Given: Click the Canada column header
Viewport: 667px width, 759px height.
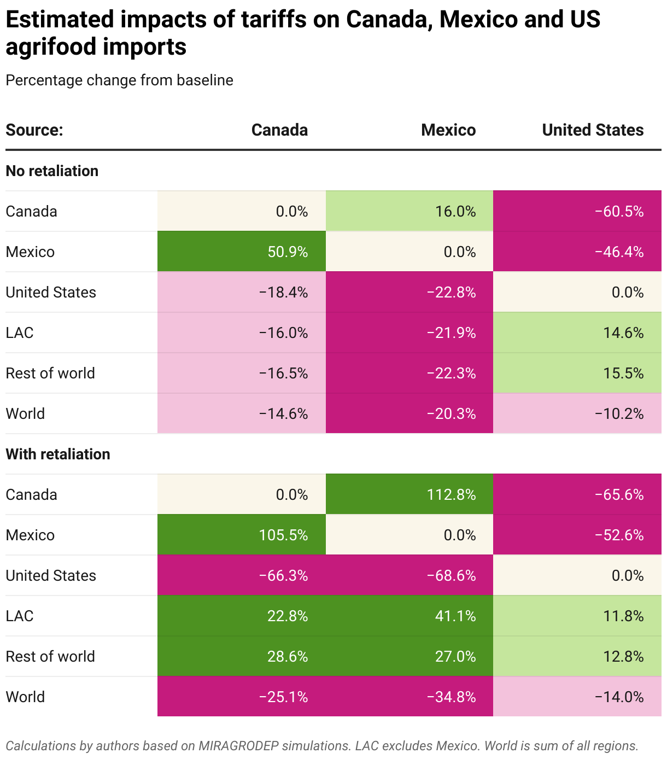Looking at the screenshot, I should pos(279,130).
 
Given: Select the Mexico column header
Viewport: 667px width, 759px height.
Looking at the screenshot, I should pos(448,130).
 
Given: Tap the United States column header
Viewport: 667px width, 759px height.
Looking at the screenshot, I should pos(593,130).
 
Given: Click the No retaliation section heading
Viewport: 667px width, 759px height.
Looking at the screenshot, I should pos(52,171).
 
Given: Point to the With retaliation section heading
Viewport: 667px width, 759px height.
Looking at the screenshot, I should pos(58,454).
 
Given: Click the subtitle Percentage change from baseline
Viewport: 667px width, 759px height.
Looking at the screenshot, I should pos(119,80).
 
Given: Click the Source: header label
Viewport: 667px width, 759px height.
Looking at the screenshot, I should pos(34,130).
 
